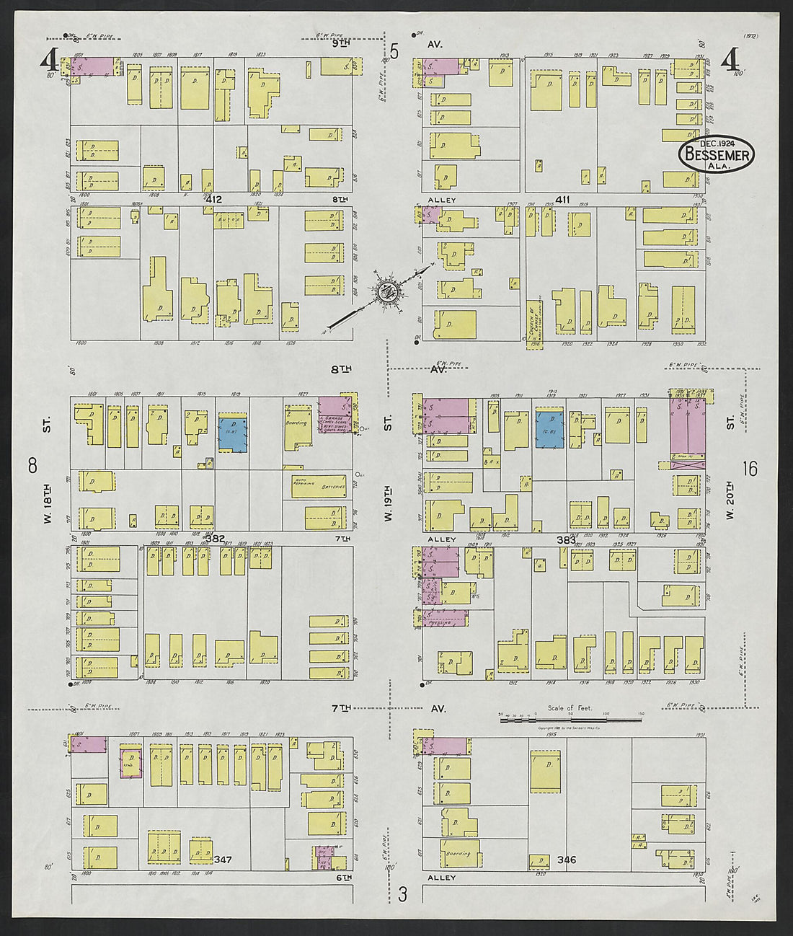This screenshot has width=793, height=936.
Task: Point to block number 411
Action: (x=562, y=199)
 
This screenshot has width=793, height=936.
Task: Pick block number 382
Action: (x=215, y=538)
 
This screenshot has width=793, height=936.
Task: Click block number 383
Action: (x=566, y=539)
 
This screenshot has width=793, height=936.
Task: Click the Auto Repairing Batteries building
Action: (x=319, y=486)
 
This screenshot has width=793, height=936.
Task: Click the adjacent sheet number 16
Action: (x=749, y=469)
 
